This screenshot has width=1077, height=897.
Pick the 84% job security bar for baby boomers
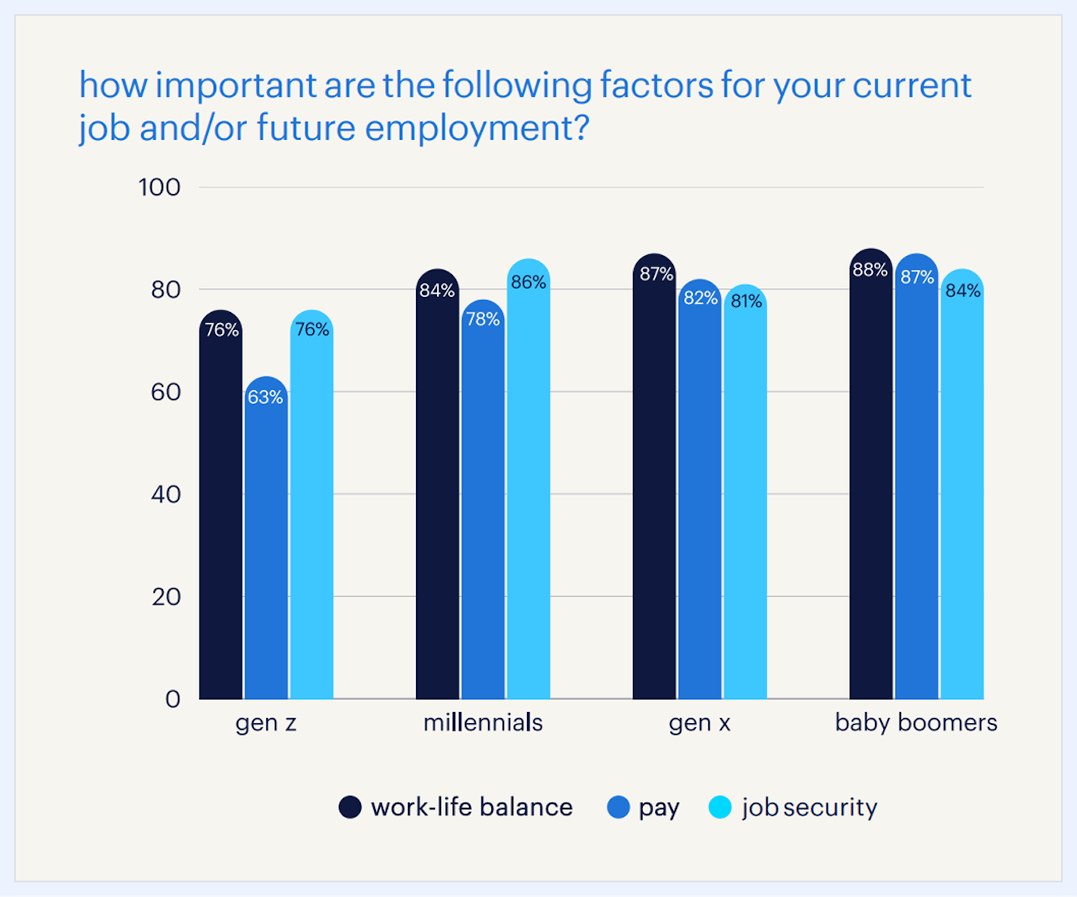point(962,492)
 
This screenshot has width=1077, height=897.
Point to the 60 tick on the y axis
point(166,392)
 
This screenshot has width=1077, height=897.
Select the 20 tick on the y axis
point(166,597)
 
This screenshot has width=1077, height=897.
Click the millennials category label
point(483,723)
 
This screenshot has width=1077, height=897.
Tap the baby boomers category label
point(916,723)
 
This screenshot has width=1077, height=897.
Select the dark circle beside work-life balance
point(350,807)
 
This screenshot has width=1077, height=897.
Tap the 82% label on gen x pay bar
point(700,298)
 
